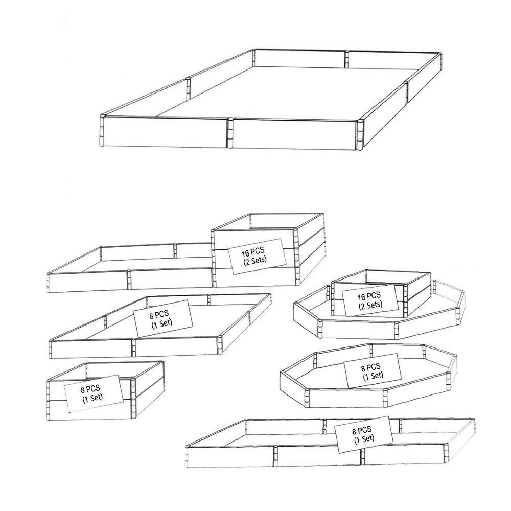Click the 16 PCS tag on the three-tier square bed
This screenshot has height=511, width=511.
(x=257, y=256)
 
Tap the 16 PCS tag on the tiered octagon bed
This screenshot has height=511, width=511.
(x=370, y=300)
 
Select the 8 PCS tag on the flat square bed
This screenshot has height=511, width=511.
(x=162, y=318)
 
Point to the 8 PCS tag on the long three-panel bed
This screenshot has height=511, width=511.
(x=364, y=434)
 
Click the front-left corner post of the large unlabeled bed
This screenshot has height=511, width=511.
(x=101, y=131)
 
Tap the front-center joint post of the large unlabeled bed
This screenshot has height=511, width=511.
(x=230, y=133)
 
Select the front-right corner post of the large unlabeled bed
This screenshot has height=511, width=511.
(x=360, y=135)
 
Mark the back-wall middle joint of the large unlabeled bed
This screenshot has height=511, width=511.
(x=346, y=59)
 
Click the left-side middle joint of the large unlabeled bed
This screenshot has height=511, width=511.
(x=188, y=88)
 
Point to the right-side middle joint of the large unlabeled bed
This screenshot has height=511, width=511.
(x=406, y=93)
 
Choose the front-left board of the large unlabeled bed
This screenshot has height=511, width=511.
(x=165, y=132)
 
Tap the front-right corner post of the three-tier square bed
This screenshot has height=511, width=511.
(x=296, y=258)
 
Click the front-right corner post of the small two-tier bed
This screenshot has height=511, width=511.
(x=133, y=398)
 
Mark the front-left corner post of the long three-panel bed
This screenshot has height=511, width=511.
(x=188, y=457)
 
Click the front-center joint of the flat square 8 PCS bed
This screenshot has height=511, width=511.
(x=133, y=347)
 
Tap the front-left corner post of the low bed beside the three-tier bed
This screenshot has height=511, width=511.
(x=49, y=283)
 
